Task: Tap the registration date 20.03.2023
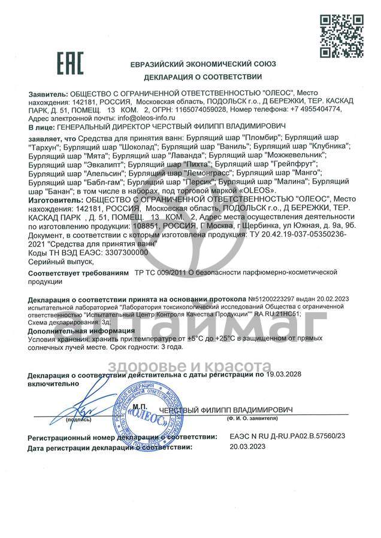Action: [x=246, y=447]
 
